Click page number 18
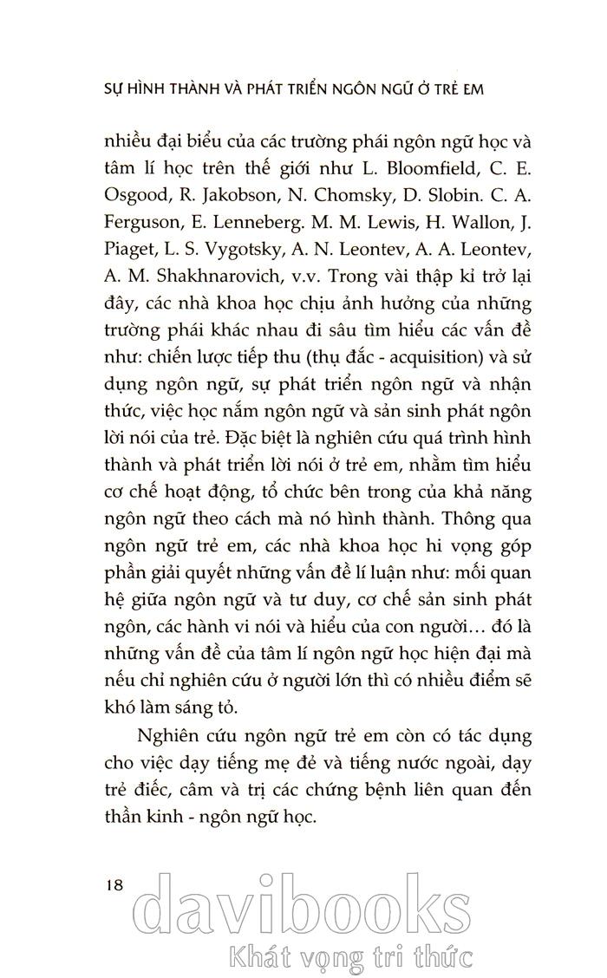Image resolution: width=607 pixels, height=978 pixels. coord(114,885)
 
